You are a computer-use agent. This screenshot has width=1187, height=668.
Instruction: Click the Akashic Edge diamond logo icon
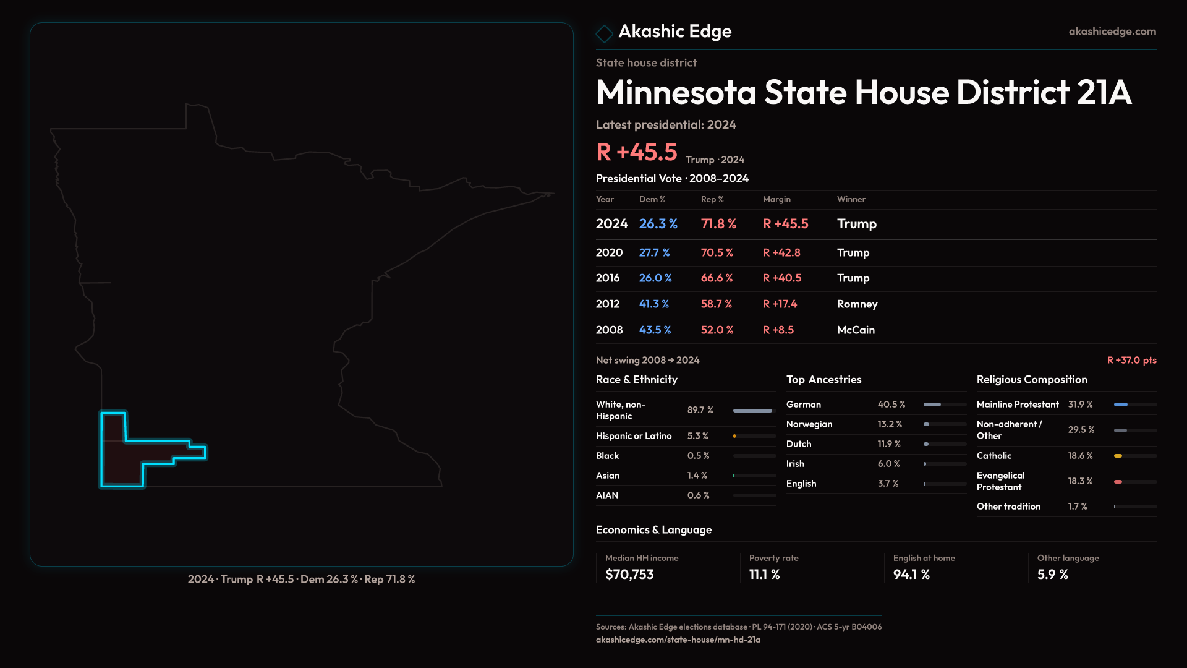[x=604, y=33]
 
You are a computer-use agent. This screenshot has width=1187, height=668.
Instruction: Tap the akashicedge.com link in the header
[x=1112, y=31]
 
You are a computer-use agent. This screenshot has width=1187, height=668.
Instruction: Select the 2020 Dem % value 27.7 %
[x=654, y=252]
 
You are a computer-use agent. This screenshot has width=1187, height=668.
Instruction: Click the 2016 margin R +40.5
[x=781, y=278]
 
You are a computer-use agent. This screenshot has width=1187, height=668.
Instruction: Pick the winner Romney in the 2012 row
[x=857, y=304]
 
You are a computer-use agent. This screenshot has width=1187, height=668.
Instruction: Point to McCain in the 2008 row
[x=856, y=330]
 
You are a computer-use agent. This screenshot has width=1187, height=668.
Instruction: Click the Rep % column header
[x=712, y=199]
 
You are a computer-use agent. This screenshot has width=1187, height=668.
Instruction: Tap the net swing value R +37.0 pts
[x=1131, y=360]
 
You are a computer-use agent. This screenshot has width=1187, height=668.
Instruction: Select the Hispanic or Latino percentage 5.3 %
[x=697, y=436]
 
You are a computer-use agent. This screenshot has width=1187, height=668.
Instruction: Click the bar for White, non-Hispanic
[x=752, y=411]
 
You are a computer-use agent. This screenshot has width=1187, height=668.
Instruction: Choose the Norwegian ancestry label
[x=809, y=424]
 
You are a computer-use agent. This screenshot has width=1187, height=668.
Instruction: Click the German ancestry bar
[x=932, y=405]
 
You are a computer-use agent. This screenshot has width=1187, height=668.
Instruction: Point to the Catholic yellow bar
[x=1118, y=456]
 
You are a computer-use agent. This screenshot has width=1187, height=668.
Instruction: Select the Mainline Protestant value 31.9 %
[x=1080, y=405]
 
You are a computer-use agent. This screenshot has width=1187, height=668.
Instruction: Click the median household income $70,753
[x=629, y=575]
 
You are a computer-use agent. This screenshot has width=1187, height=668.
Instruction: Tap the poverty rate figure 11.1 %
[x=764, y=575]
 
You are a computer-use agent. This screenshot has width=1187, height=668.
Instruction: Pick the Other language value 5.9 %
[x=1052, y=575]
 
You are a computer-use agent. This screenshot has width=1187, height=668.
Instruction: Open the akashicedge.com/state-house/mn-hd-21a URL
[x=678, y=640]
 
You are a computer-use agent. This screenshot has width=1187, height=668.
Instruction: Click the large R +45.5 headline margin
[x=636, y=152]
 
